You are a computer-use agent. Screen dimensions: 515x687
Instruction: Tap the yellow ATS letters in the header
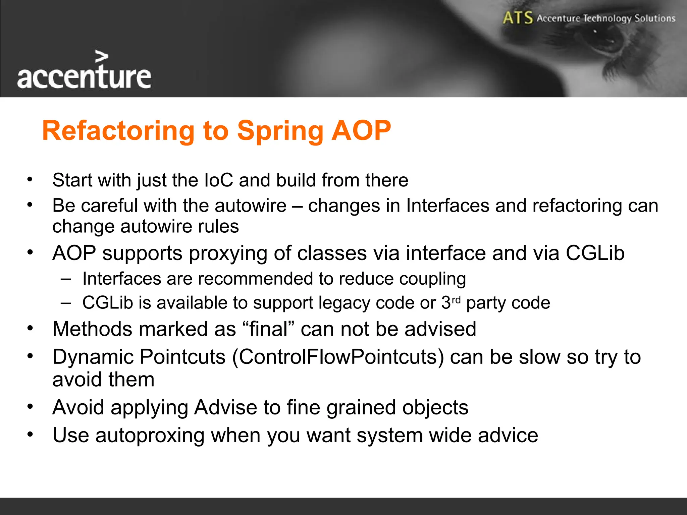pos(518,18)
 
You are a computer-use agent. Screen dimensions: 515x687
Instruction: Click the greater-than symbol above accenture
pos(102,57)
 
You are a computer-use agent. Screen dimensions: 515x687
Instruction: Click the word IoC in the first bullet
pos(218,180)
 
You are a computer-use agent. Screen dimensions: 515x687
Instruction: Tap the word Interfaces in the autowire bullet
pos(447,206)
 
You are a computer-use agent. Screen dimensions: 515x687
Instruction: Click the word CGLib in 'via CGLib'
pos(595,253)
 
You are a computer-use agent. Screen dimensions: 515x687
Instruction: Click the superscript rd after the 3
pos(456,299)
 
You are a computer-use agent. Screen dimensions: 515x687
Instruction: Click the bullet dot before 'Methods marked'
pos(30,328)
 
